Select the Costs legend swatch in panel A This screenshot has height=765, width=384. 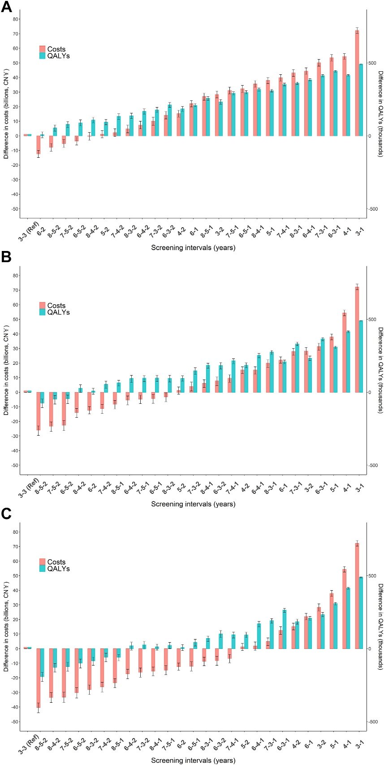click(x=43, y=49)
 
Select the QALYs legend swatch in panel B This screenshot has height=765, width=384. click(x=43, y=312)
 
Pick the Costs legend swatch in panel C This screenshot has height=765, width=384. click(x=43, y=562)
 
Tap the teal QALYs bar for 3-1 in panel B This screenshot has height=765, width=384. click(x=361, y=356)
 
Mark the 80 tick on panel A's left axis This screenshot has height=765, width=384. click(x=16, y=19)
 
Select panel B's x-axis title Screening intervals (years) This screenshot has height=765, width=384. click(x=193, y=504)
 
